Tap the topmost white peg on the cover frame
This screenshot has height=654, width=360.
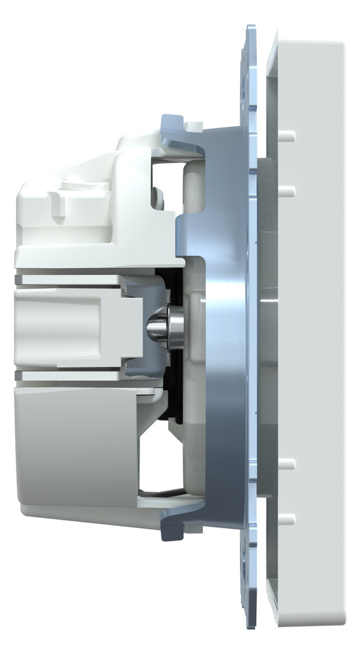coord(287,135)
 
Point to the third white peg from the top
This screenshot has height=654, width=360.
coord(287,463)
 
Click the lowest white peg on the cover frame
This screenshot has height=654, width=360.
coord(287,517)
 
